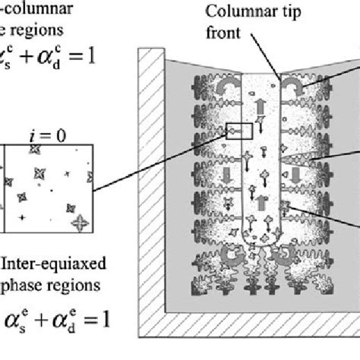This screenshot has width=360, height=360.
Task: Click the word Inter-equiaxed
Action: pos(64,264)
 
